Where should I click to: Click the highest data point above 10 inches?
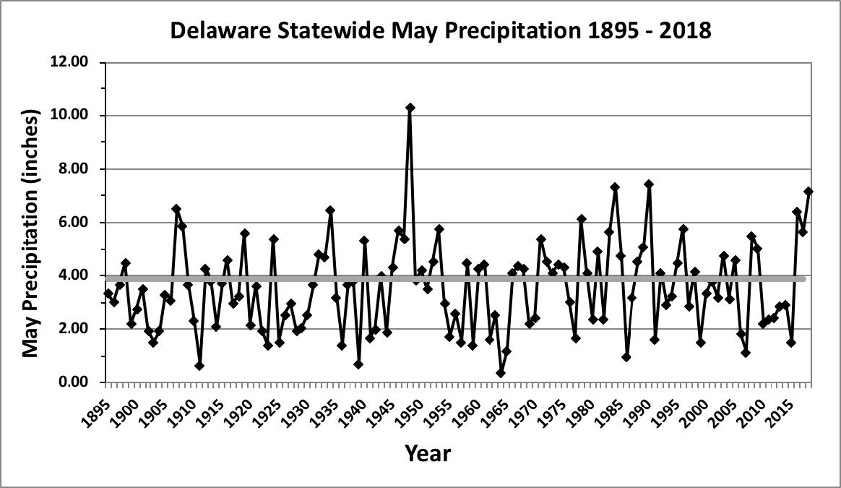[x=410, y=108]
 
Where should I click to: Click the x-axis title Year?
[x=428, y=454]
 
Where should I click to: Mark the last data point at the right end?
[x=808, y=192]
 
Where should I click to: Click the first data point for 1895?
[x=108, y=294]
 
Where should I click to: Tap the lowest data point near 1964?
[x=500, y=373]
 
